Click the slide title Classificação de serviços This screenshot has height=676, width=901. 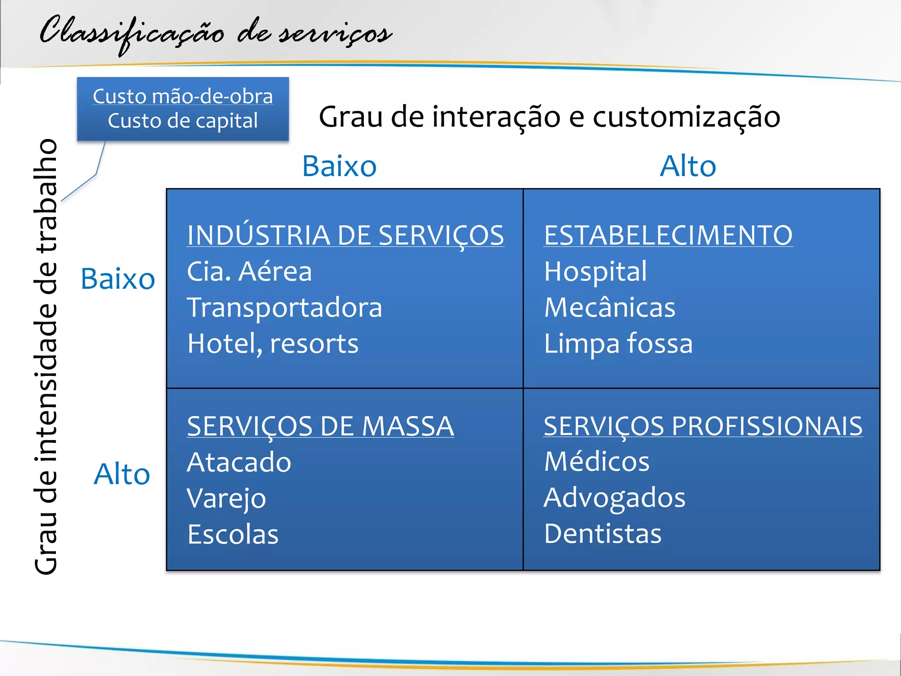[216, 33]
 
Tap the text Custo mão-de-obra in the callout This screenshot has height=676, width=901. [183, 96]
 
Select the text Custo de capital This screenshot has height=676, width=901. [183, 121]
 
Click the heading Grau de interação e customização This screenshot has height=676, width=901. [549, 117]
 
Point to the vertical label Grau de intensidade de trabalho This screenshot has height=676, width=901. [46, 356]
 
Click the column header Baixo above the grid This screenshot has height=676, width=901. [339, 166]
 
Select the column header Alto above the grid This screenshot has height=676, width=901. [688, 166]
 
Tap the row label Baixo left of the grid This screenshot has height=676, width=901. [118, 279]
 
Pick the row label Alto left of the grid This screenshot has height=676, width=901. [122, 474]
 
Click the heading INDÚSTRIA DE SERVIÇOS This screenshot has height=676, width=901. [345, 235]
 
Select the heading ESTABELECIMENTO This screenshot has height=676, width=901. [668, 235]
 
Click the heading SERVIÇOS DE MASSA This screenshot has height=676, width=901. [320, 426]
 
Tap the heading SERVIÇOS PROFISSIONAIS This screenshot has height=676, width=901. [703, 426]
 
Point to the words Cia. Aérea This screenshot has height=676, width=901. [249, 272]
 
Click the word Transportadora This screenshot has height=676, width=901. [285, 308]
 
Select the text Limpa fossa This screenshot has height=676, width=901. [618, 344]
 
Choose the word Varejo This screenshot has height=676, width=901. [227, 499]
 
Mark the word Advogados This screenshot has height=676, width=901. [615, 498]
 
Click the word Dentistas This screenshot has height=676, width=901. [603, 534]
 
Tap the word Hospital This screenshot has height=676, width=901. [595, 272]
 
